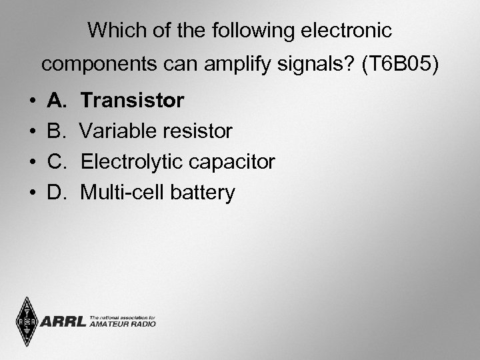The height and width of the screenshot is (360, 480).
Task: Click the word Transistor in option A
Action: (x=132, y=101)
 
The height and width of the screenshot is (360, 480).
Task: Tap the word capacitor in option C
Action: (x=233, y=162)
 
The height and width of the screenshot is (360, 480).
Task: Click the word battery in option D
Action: (x=202, y=193)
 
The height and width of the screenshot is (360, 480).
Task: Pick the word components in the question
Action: (x=94, y=65)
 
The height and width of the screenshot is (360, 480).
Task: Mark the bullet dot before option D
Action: (x=33, y=193)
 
